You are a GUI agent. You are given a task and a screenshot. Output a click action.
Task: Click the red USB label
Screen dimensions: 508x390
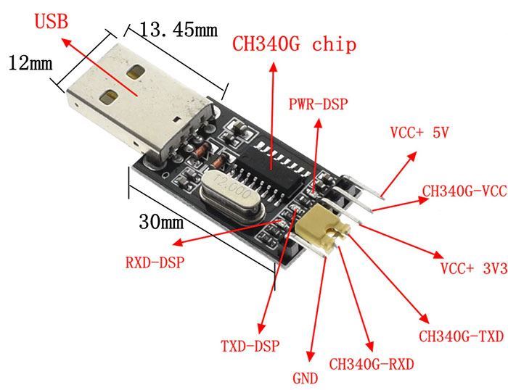[52, 21]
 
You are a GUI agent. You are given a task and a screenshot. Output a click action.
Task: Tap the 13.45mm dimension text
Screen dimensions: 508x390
[179, 30]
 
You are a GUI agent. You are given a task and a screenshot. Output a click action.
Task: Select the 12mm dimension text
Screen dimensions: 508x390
[30, 63]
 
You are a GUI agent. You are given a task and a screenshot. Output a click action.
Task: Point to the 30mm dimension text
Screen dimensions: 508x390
[161, 222]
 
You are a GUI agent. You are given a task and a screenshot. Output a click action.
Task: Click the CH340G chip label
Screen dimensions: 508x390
[294, 44]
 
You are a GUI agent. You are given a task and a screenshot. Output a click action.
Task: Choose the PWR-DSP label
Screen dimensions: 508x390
[318, 104]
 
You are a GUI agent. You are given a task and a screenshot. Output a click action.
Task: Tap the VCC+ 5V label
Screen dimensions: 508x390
[419, 133]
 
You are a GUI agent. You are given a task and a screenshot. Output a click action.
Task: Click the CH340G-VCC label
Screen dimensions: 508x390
[464, 191]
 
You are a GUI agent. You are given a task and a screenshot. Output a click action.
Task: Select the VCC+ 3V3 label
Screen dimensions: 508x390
[474, 268]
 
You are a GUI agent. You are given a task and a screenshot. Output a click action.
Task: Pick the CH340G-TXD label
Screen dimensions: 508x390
[461, 336]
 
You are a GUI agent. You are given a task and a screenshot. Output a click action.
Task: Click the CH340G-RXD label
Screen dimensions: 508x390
[372, 364]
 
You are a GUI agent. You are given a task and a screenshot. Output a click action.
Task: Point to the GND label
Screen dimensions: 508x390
[306, 378]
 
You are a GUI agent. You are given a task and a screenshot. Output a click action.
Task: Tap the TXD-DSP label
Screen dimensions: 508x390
[250, 346]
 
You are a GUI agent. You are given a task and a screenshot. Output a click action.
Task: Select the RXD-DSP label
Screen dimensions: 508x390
[155, 262]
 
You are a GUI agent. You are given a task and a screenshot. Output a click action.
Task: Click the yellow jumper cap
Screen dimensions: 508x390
[324, 227]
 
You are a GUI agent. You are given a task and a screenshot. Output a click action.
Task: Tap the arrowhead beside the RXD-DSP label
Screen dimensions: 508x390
[178, 243]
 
